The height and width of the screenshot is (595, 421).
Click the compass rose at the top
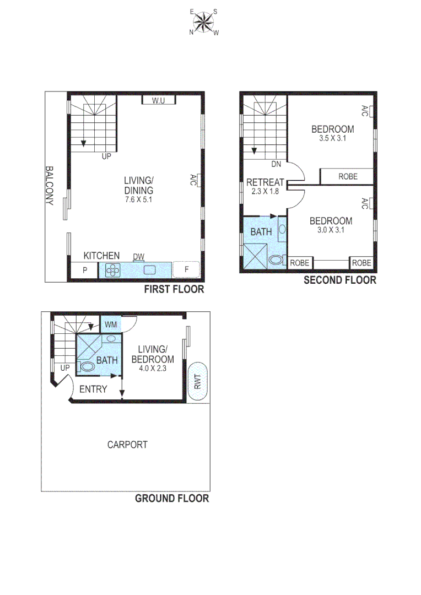(204, 22)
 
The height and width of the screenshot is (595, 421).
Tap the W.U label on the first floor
(159, 100)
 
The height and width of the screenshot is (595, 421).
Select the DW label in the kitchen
(139, 257)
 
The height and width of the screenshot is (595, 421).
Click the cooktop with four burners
(113, 270)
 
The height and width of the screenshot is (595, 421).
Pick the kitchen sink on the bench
(150, 270)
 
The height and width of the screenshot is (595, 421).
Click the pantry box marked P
(85, 270)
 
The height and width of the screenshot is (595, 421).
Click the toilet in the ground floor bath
(87, 366)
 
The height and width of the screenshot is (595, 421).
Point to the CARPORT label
(127, 445)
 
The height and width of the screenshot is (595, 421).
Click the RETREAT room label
(265, 182)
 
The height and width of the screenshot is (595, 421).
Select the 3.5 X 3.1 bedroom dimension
(332, 139)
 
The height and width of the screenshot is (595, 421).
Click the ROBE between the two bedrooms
(348, 176)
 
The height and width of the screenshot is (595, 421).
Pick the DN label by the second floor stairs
(277, 164)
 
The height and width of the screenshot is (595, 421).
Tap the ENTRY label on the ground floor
(93, 389)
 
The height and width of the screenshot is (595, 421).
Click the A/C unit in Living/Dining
(194, 180)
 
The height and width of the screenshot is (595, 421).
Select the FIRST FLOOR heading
(174, 289)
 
